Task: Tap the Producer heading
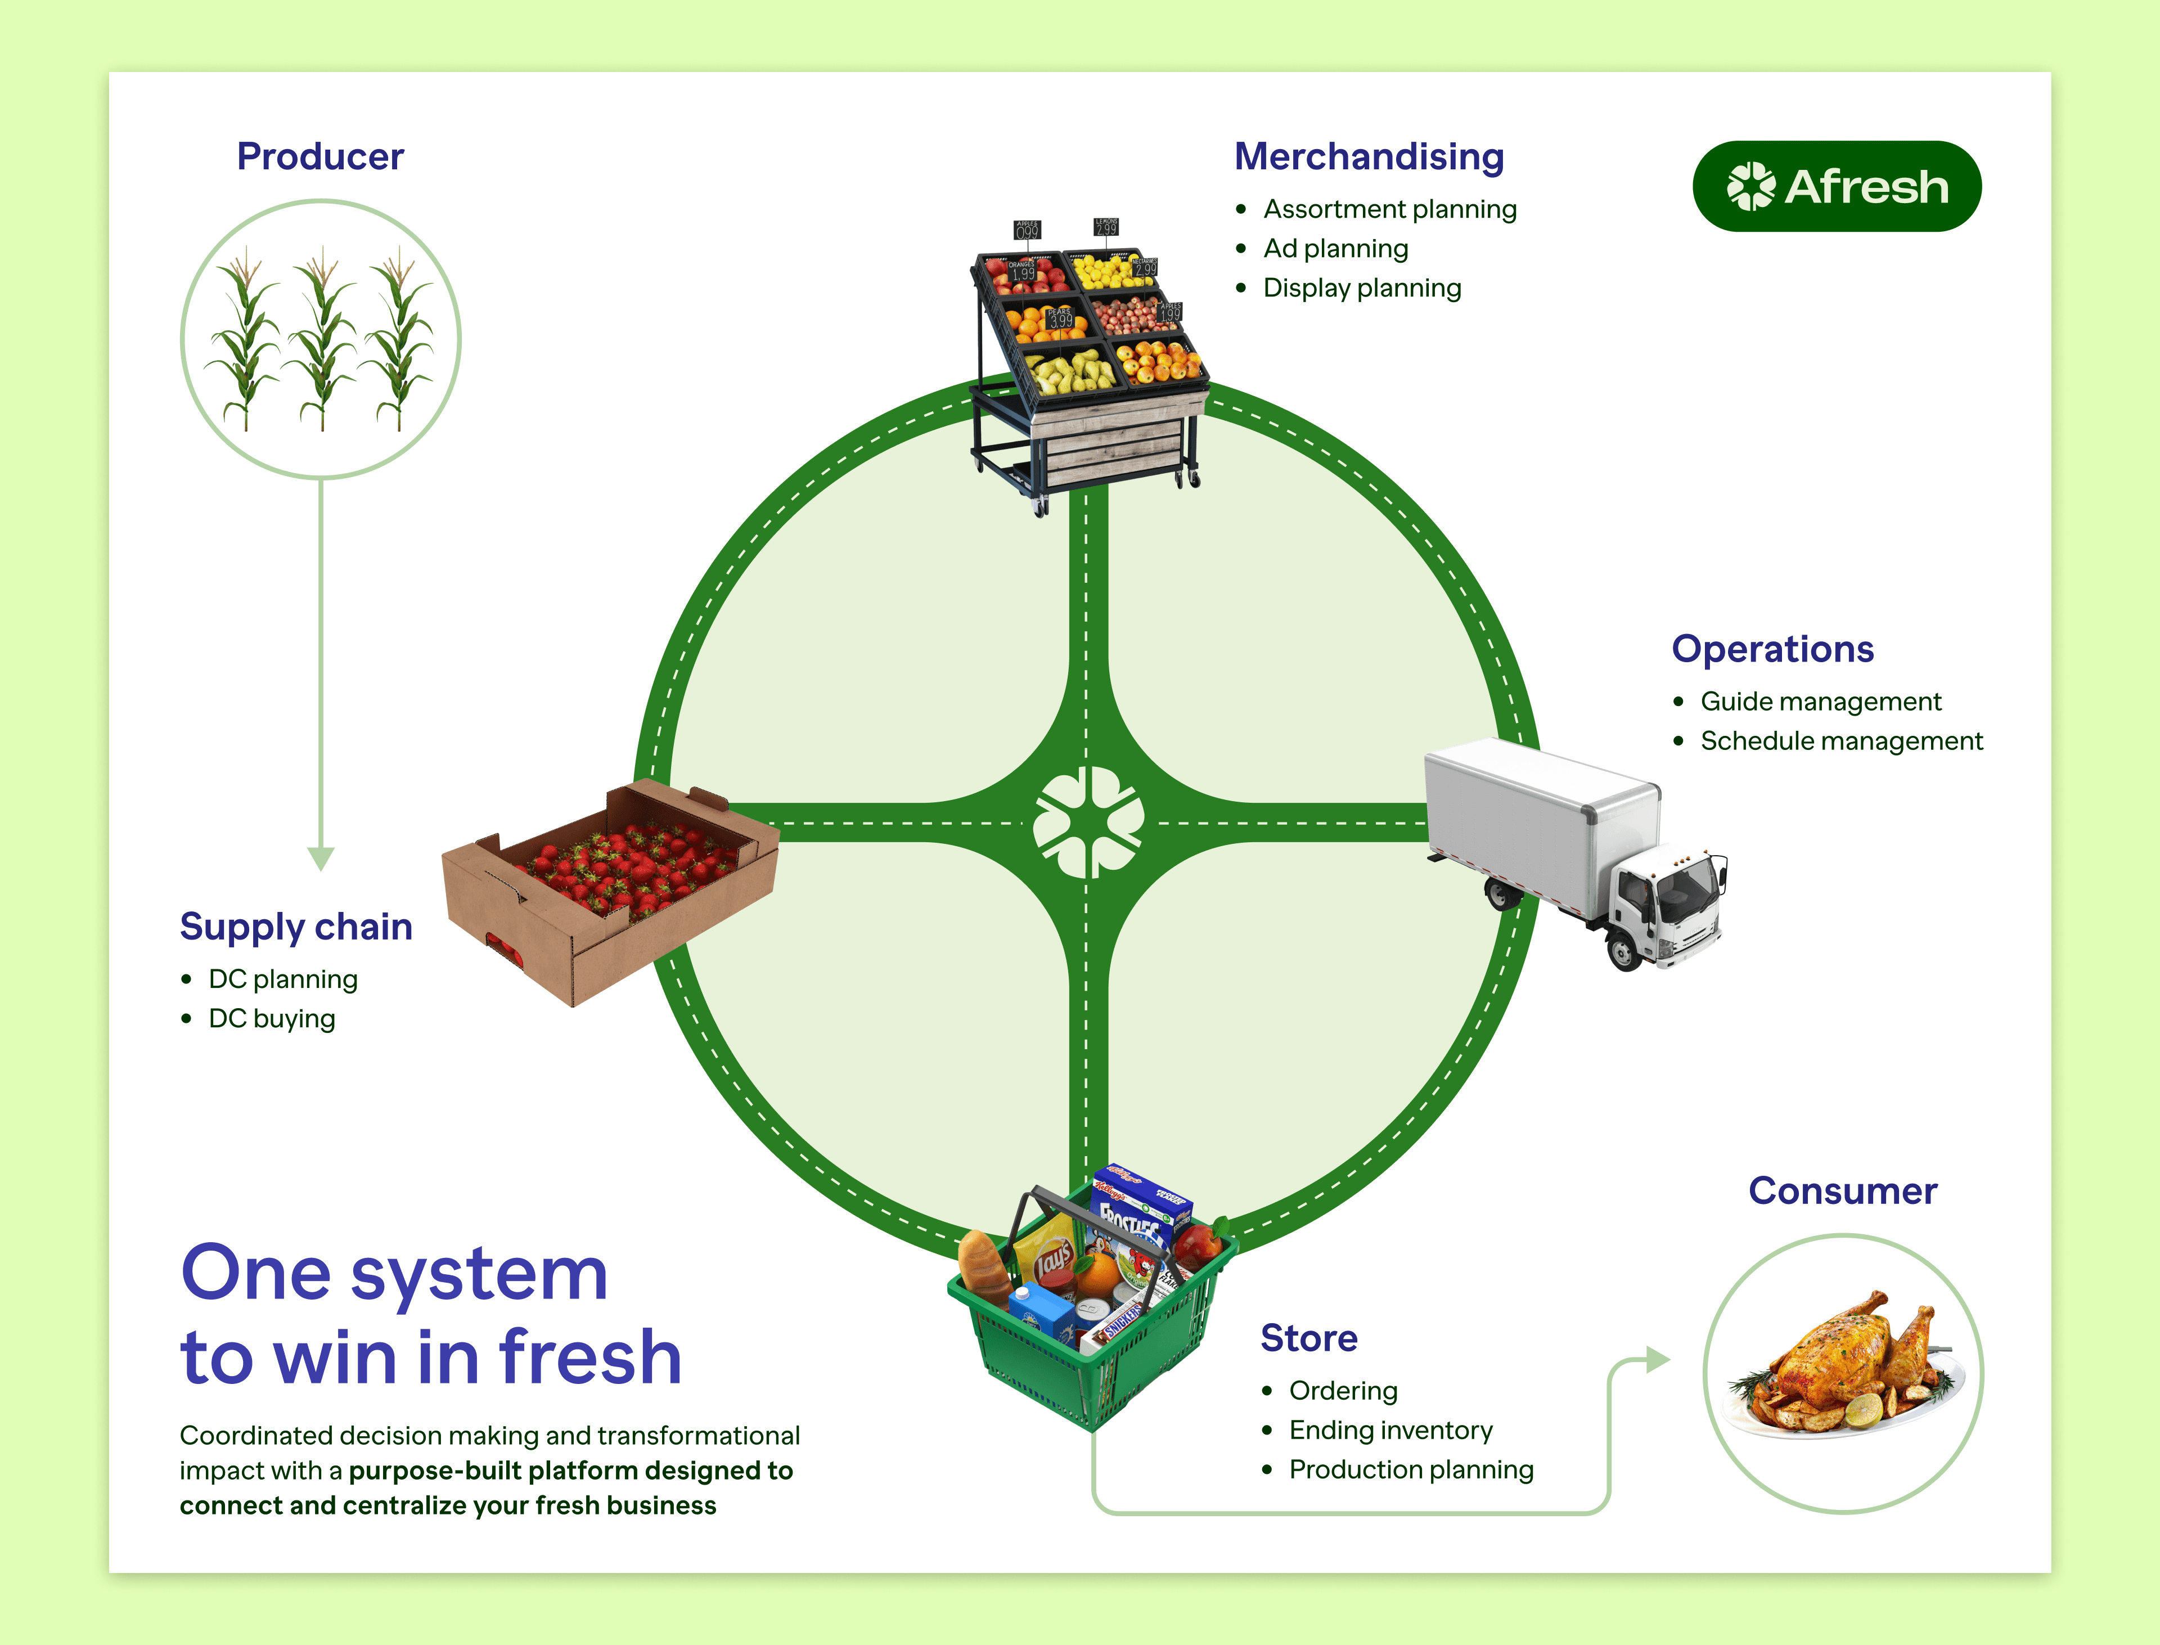point(320,156)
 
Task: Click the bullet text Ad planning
point(1335,249)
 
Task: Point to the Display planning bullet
point(1361,288)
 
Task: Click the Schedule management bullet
point(1841,741)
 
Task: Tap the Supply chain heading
point(296,926)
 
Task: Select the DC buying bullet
point(271,1018)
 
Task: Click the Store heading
point(1308,1337)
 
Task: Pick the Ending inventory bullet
point(1390,1431)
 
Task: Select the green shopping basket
point(1087,1312)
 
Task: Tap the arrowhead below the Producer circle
point(320,859)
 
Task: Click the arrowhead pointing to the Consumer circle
point(1657,1360)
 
